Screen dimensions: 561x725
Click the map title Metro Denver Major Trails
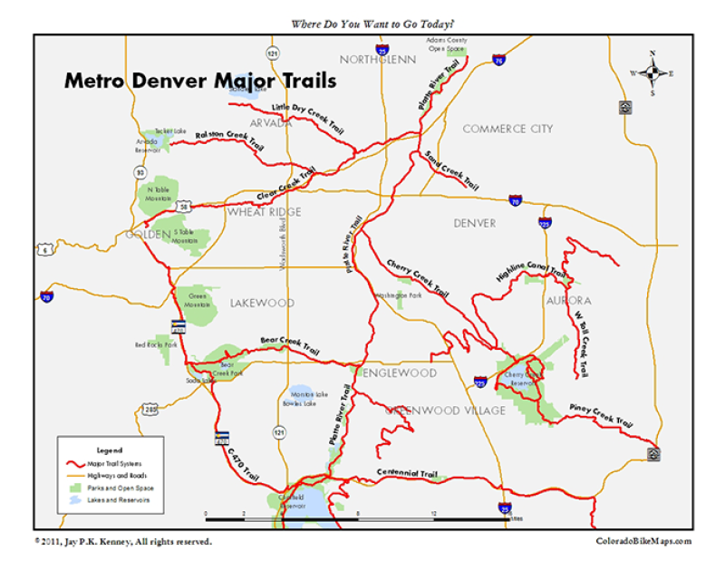pyautogui.click(x=200, y=81)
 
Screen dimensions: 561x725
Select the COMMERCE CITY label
pyautogui.click(x=507, y=129)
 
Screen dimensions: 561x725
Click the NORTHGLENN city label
pyautogui.click(x=377, y=60)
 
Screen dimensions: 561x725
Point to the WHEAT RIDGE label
pyautogui.click(x=264, y=211)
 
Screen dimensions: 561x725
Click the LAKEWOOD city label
pyautogui.click(x=262, y=303)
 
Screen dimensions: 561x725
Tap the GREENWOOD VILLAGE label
pyautogui.click(x=446, y=411)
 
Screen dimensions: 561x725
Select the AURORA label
pyautogui.click(x=568, y=300)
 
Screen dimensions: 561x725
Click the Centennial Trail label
pyautogui.click(x=408, y=473)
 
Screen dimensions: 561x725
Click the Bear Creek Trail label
pyautogui.click(x=290, y=343)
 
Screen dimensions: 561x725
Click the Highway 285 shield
pyautogui.click(x=150, y=411)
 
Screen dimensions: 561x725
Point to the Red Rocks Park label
pyautogui.click(x=152, y=344)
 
